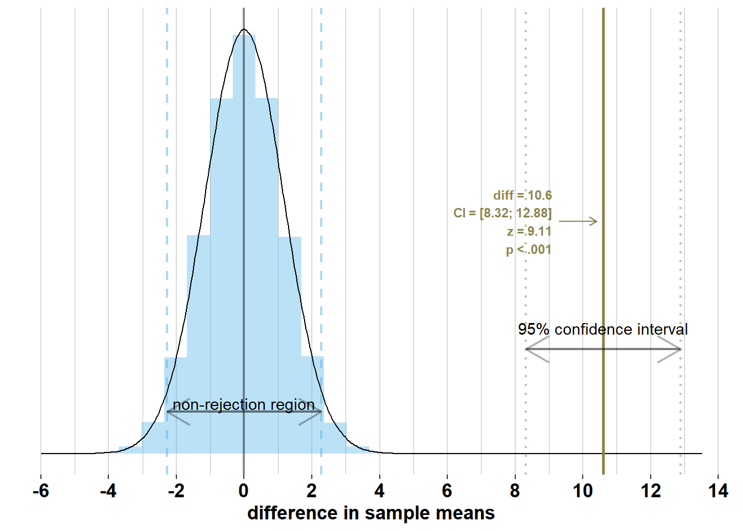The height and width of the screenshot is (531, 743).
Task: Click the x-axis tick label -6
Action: [x=40, y=491]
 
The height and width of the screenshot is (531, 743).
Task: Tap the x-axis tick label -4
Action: [x=108, y=491]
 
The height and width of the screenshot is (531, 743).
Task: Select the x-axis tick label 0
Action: [x=244, y=491]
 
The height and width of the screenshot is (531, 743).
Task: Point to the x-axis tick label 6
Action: [x=447, y=491]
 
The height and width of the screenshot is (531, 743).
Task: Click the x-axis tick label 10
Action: [x=583, y=491]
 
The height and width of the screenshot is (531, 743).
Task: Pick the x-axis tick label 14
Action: [x=718, y=491]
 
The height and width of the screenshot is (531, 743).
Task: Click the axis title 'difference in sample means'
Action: [x=371, y=513]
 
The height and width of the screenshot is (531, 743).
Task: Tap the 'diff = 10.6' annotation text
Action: [x=522, y=195]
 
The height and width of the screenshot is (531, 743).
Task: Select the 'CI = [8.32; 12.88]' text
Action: [x=503, y=213]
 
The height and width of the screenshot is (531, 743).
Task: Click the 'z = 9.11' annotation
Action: [x=529, y=231]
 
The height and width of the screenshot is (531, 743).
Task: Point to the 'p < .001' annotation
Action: [x=529, y=249]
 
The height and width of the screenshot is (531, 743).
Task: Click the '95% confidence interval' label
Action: [x=603, y=330]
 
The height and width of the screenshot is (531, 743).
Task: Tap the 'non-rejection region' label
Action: [x=244, y=405]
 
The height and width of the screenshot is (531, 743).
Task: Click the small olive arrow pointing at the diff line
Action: [x=578, y=221]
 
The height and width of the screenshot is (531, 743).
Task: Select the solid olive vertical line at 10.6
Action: [x=603, y=138]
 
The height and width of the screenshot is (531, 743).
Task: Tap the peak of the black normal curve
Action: [x=244, y=29]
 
